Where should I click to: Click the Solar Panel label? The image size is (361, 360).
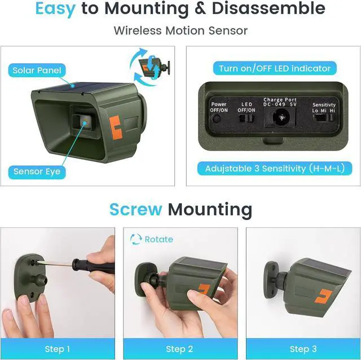tap(37, 70)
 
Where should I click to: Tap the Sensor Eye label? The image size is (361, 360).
tap(37, 172)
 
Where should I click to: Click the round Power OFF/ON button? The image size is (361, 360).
tap(216, 119)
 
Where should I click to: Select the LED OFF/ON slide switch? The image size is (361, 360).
tap(246, 118)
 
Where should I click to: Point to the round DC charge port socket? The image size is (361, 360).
tap(280, 117)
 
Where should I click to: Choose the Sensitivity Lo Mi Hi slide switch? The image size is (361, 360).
tap(323, 118)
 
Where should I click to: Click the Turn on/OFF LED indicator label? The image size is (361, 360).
tap(275, 68)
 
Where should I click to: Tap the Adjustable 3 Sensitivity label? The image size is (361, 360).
tap(275, 168)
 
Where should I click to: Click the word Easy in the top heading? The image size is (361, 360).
tap(55, 9)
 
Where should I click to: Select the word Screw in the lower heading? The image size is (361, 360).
tap(136, 209)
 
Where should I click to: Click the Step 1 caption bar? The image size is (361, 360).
tap(58, 349)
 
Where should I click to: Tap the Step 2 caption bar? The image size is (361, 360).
tap(180, 349)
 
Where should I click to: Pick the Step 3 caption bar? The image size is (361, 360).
tap(303, 349)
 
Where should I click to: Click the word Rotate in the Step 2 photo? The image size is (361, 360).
tap(159, 239)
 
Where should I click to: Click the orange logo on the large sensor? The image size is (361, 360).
tap(115, 128)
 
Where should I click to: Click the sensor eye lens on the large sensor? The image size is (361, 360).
tap(85, 121)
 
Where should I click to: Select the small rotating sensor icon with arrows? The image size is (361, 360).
tap(150, 67)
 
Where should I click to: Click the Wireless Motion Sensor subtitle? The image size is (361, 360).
tap(180, 30)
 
